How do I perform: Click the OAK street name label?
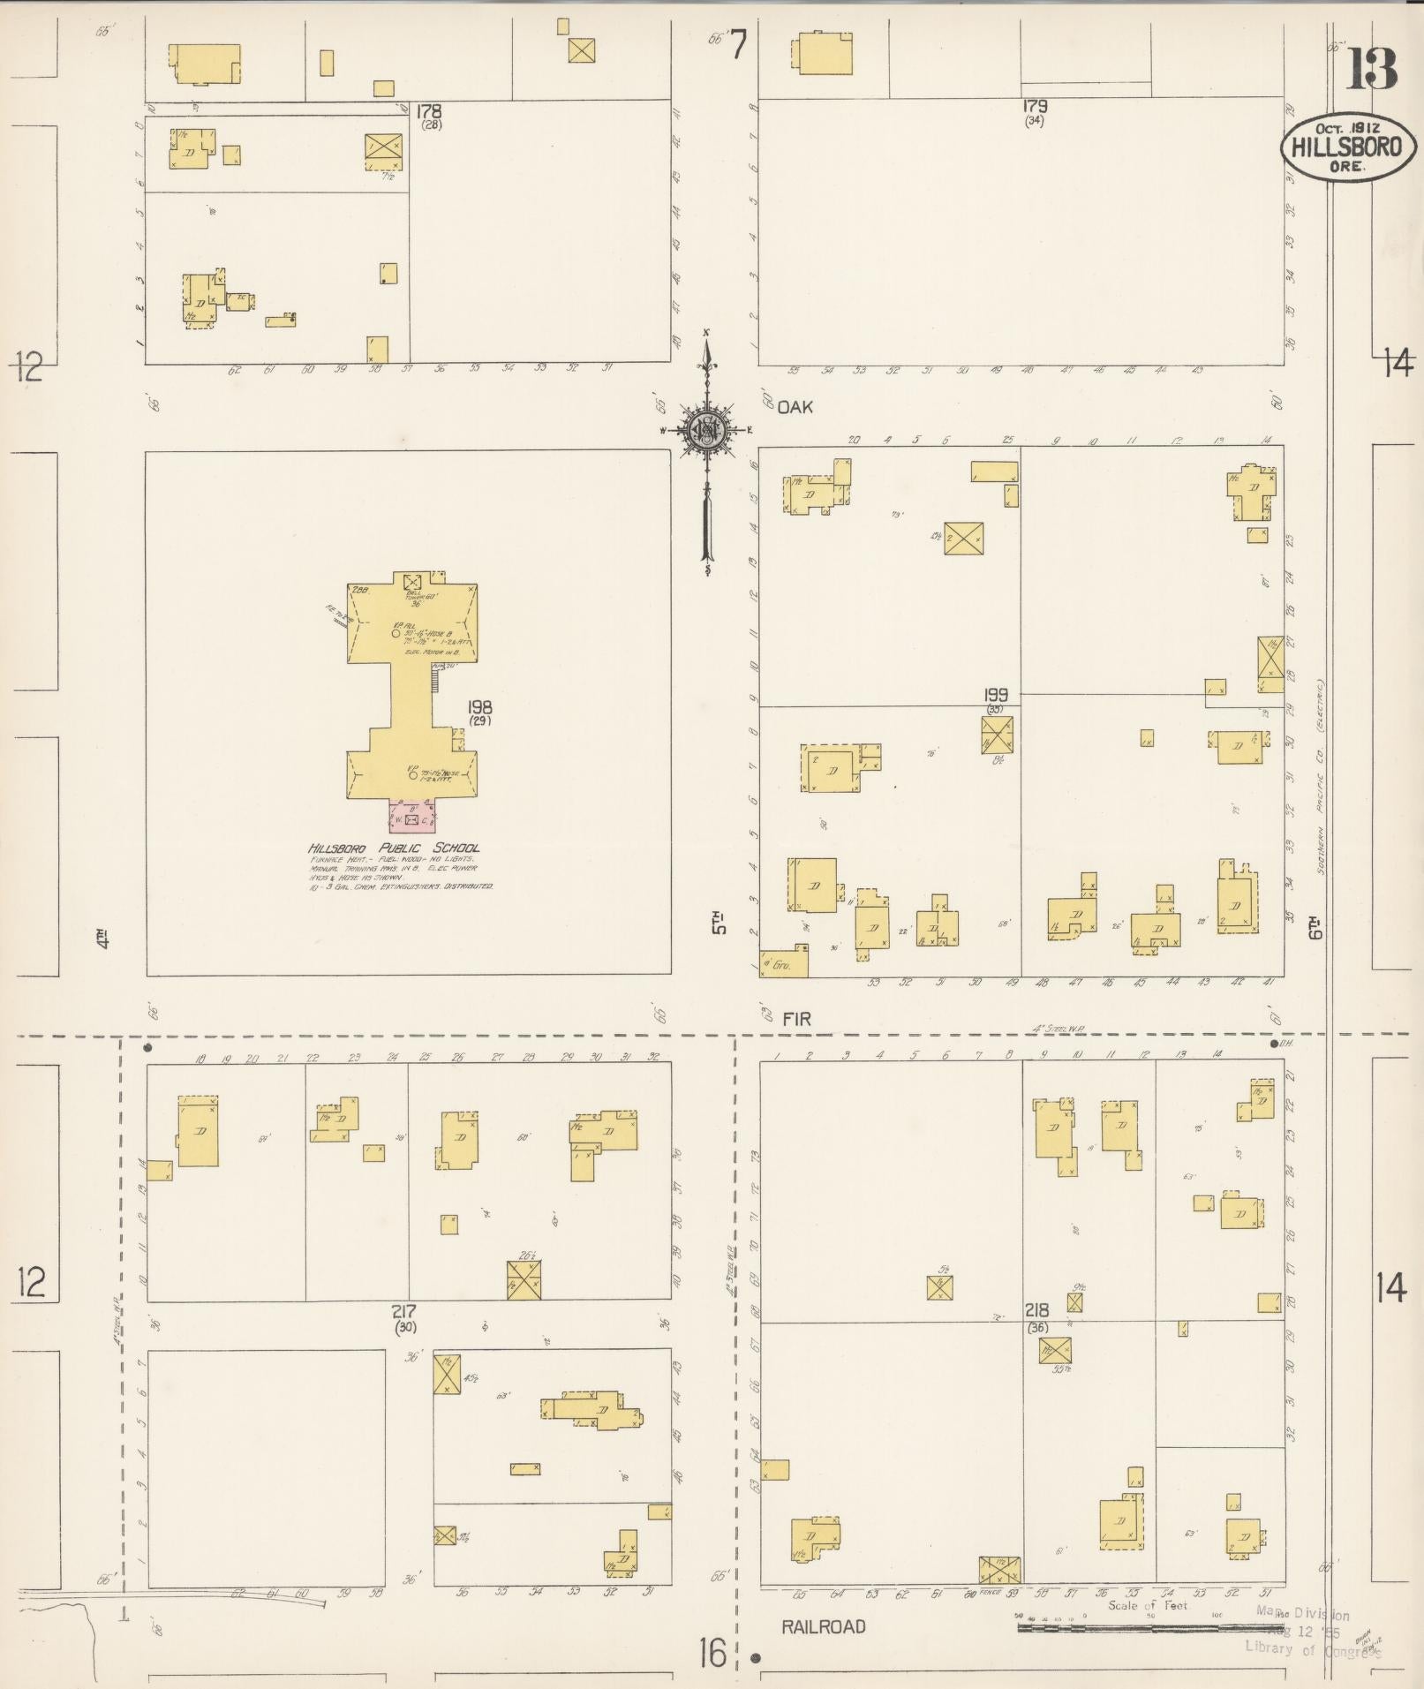[795, 407]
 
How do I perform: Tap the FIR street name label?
[796, 1019]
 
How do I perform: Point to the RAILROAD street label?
[824, 1626]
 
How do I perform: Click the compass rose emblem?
[706, 430]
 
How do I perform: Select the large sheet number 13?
[1371, 71]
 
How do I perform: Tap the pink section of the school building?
[412, 817]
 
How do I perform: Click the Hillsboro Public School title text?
[394, 848]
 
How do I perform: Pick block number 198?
[481, 707]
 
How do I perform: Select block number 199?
[996, 695]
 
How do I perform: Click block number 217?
[404, 1312]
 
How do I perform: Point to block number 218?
[1036, 1311]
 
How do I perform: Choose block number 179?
[1035, 107]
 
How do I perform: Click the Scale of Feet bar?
[1148, 1626]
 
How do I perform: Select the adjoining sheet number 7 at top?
[737, 44]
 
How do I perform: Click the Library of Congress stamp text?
[1311, 1648]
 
